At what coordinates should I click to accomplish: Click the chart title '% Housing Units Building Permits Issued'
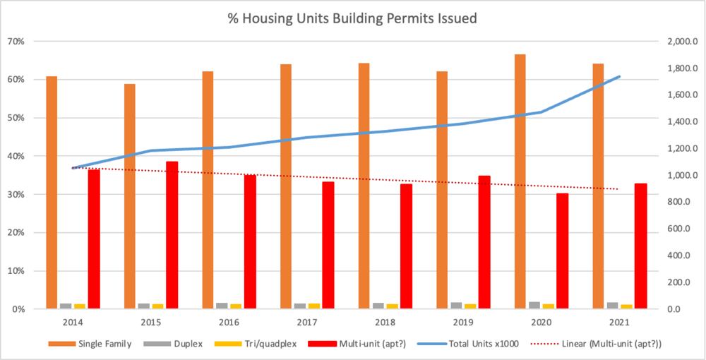point(352,18)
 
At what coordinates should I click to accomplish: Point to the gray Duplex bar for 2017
point(299,306)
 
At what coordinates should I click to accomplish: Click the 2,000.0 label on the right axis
point(681,42)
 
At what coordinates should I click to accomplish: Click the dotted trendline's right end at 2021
point(618,189)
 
